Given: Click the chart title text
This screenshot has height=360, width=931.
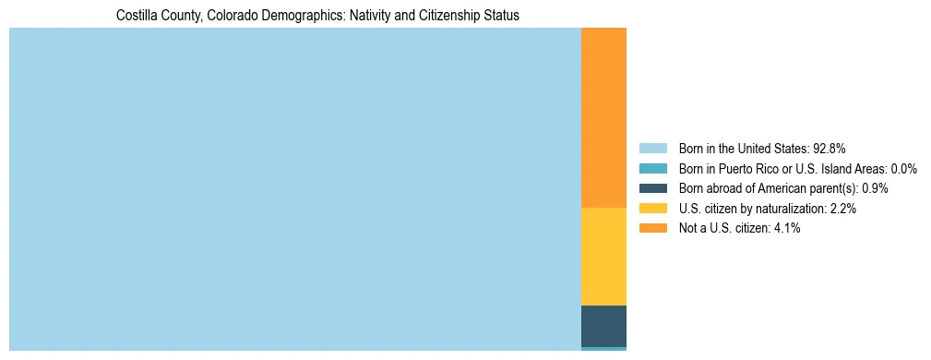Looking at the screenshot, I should [x=317, y=16].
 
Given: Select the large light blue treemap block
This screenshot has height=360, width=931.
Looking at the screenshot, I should [x=295, y=189].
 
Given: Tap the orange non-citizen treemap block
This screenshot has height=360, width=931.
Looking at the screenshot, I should [x=603, y=118].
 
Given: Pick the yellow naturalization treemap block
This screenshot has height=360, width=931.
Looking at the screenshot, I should [x=603, y=257].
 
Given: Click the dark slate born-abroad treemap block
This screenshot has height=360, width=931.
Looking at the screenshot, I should [x=603, y=326].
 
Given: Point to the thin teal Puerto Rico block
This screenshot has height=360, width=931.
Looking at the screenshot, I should [x=603, y=349].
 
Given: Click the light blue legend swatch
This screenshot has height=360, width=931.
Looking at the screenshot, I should [x=652, y=148].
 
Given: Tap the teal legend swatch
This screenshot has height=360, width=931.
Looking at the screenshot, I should [x=652, y=168].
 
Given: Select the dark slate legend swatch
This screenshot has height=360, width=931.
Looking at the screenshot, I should [x=652, y=188].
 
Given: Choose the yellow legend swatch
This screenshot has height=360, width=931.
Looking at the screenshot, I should [x=652, y=209].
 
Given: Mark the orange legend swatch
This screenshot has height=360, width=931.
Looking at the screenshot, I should [x=652, y=228].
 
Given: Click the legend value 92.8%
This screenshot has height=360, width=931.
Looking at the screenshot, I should [x=830, y=148].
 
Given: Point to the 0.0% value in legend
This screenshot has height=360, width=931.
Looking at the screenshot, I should [x=903, y=168].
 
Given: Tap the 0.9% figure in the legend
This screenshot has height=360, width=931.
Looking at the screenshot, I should [x=875, y=188].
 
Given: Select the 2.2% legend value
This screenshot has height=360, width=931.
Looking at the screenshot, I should [x=842, y=209].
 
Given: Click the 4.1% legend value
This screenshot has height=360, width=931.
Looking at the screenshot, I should [x=786, y=228].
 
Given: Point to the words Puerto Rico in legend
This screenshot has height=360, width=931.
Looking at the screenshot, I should [x=749, y=168].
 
